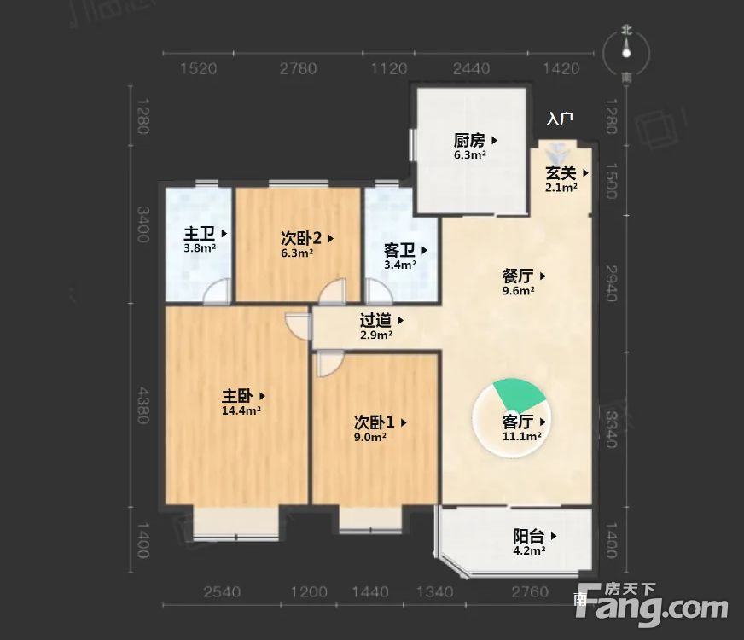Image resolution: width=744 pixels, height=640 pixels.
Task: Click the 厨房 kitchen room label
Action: [469, 141]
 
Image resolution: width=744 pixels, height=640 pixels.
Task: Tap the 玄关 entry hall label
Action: [561, 172]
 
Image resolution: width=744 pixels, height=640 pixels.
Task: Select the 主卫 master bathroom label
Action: [200, 233]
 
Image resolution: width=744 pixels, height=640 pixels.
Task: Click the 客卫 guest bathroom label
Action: [399, 251]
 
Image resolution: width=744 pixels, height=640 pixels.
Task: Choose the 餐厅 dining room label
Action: [518, 276]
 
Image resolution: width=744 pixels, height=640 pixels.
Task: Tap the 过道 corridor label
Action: [375, 321]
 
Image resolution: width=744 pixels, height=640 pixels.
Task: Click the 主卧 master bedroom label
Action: [238, 396]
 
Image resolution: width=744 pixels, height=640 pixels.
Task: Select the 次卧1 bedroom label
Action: [374, 422]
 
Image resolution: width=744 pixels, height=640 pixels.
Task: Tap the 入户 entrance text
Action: [560, 119]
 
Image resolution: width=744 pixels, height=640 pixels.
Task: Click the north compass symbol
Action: [627, 53]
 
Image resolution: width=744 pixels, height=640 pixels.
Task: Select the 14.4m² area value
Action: [241, 410]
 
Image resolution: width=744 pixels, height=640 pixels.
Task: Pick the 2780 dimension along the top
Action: [299, 69]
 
